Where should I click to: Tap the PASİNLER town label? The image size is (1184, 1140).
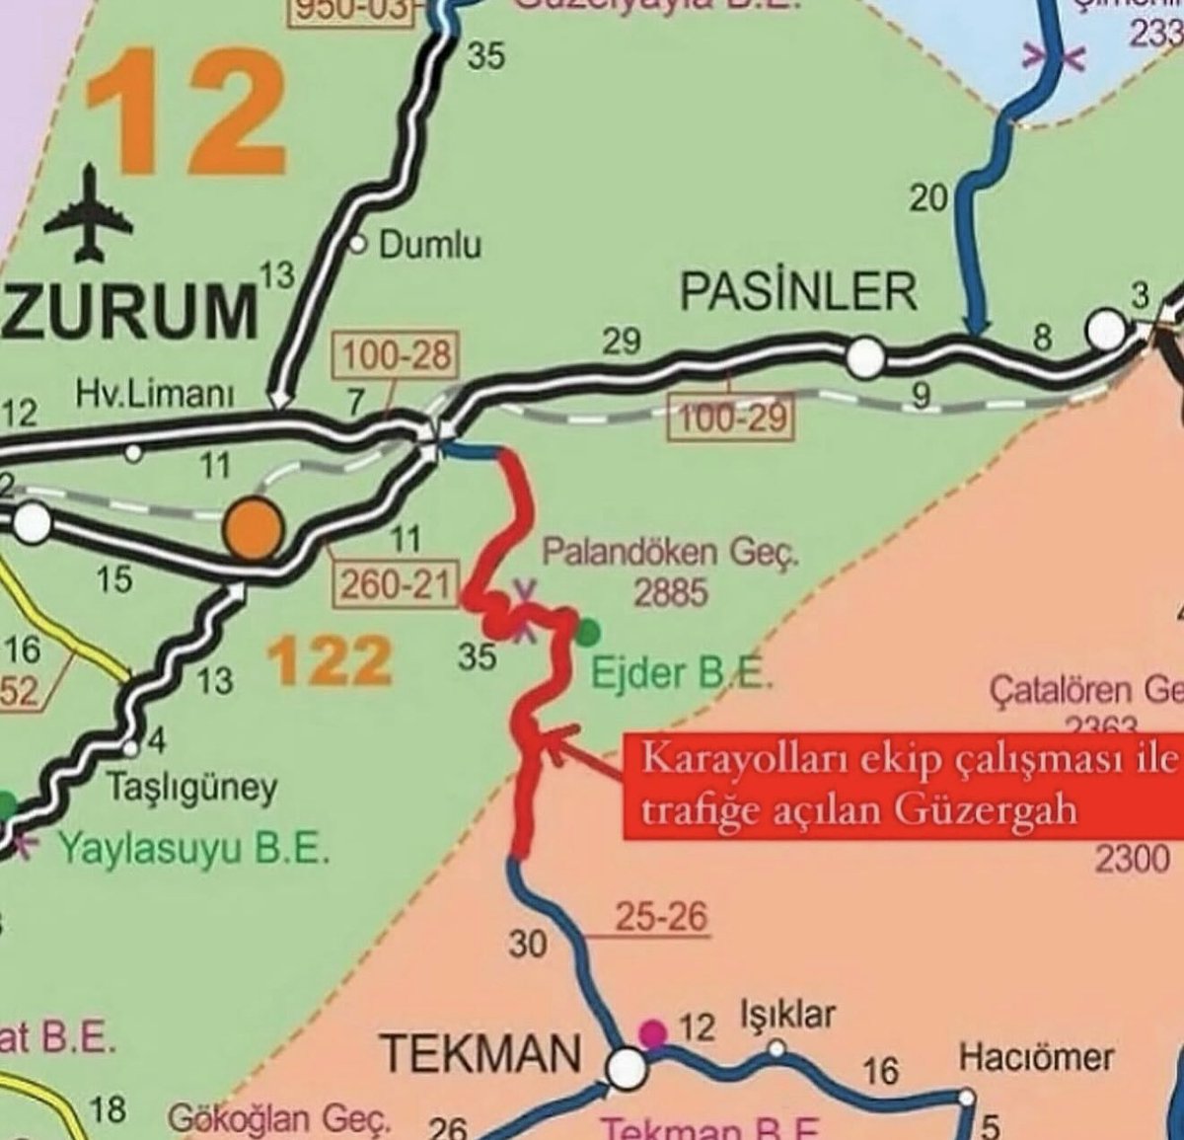[x=799, y=292]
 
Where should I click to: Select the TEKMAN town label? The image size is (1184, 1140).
[x=481, y=1053]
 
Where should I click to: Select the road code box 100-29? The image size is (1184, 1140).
[x=732, y=418]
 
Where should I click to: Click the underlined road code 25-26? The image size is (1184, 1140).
[x=661, y=917]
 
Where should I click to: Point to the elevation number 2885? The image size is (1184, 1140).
[x=670, y=592]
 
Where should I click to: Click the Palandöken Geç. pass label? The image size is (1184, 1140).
[x=669, y=553]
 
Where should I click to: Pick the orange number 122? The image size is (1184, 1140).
[x=330, y=659]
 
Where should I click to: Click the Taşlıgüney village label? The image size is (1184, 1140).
[x=191, y=788]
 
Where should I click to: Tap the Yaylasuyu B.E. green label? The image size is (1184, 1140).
[x=192, y=847]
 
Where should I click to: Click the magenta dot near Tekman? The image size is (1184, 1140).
[x=651, y=1032]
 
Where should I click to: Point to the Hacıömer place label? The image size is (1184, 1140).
[x=1036, y=1057]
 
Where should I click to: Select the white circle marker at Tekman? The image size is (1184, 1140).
[x=626, y=1067]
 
